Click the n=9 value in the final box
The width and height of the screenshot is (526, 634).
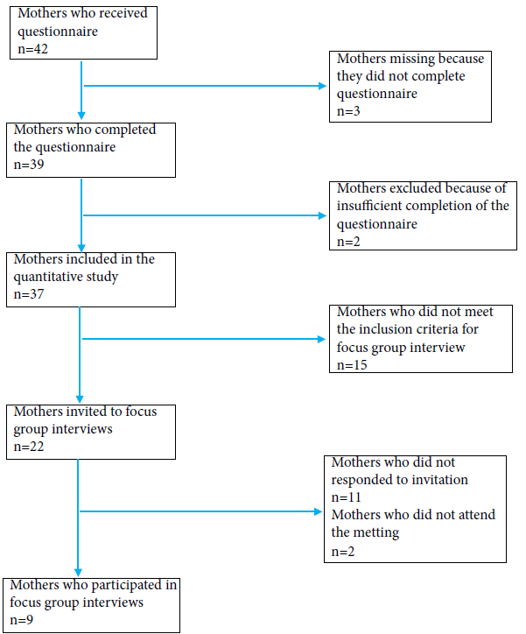click(x=23, y=619)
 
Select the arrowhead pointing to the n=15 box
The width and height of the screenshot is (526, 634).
click(x=325, y=337)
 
